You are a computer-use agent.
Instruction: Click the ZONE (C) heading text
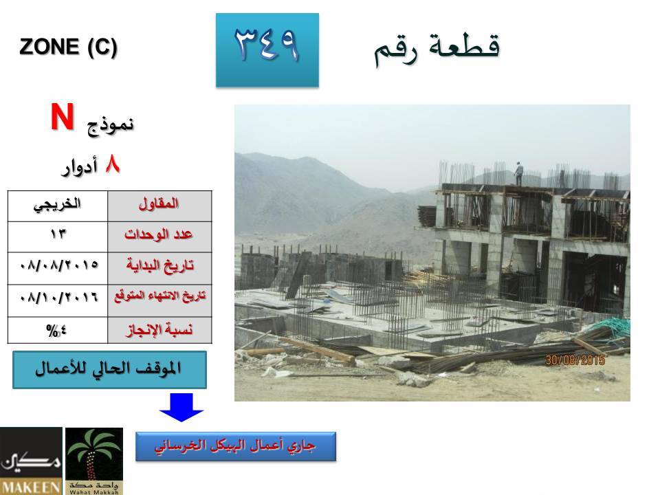click(68, 47)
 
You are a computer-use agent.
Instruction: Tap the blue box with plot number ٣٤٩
click(267, 50)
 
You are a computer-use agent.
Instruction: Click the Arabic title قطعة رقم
click(437, 49)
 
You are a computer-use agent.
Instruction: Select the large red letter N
click(63, 117)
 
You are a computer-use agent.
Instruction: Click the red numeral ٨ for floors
click(112, 164)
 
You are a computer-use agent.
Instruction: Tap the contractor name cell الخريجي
click(58, 206)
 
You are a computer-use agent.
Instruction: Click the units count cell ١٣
click(58, 236)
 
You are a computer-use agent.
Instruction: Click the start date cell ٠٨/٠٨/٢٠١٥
click(58, 268)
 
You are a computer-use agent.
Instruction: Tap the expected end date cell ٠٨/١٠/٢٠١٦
click(58, 300)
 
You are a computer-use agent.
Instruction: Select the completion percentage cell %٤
click(58, 330)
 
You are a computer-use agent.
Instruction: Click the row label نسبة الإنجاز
click(159, 329)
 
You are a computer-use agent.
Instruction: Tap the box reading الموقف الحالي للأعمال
click(109, 370)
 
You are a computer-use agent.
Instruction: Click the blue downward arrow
click(181, 407)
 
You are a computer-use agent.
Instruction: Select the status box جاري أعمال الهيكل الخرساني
click(236, 446)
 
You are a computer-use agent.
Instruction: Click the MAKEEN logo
click(31, 461)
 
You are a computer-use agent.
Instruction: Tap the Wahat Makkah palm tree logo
click(94, 461)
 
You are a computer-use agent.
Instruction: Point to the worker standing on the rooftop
click(518, 174)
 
